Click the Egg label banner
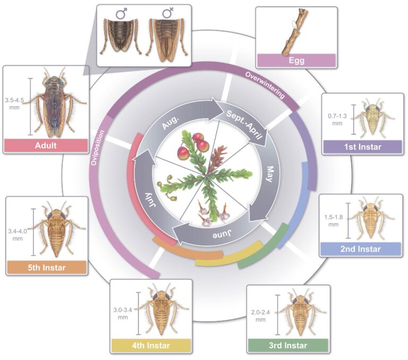pyautogui.click(x=296, y=60)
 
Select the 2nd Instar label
pyautogui.click(x=360, y=248)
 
